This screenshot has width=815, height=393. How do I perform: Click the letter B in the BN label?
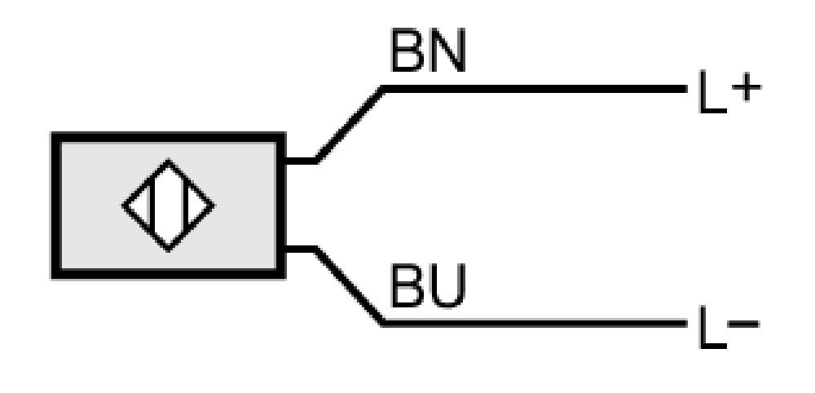coord(407,51)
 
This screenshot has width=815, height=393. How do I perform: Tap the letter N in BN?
coord(446,51)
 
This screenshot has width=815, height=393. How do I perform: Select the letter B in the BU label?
coord(407,286)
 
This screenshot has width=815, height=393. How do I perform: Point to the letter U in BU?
coord(446,287)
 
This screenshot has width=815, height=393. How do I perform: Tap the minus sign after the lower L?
coord(744,325)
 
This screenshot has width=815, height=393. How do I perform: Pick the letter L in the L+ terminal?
coord(711,92)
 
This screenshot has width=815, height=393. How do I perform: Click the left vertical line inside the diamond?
coord(152,205)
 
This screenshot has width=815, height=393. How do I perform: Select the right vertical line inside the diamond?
coord(185,205)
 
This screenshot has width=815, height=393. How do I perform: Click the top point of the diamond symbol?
coord(168,160)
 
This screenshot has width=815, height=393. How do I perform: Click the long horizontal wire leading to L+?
coord(535,89)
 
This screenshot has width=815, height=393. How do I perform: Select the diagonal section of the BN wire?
coord(350,125)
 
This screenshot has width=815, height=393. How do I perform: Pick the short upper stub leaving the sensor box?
coord(301,161)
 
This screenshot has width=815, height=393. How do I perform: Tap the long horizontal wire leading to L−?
coord(535,324)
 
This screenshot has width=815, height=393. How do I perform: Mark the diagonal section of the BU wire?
coord(350,286)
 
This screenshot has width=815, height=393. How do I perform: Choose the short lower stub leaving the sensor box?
coord(301,249)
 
